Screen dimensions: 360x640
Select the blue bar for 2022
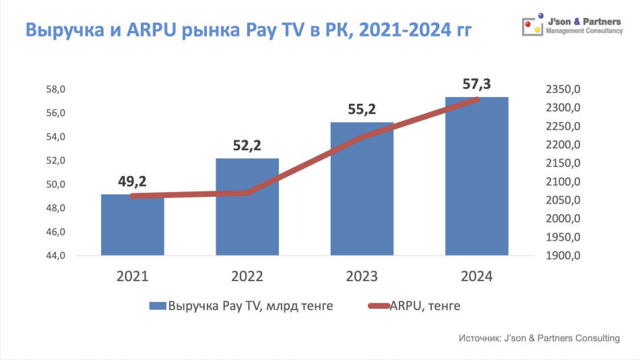pos(247,209)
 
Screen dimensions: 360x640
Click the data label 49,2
pos(133,181)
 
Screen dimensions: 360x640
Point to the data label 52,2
pos(247,145)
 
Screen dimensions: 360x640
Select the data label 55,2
pos(362,109)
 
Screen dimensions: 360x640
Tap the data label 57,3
pos(477,84)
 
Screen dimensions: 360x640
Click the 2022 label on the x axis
pos(247,276)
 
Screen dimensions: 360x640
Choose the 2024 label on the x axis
pos(477,276)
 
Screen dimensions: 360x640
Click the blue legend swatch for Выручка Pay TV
pos(157,306)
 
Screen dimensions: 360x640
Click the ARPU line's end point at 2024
pos(477,99)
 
